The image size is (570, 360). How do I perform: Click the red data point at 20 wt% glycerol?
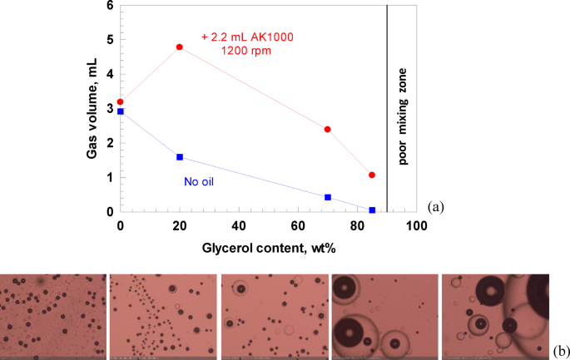(180, 47)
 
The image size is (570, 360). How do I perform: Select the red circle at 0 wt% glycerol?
(121, 102)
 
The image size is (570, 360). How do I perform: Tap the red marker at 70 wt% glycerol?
(328, 129)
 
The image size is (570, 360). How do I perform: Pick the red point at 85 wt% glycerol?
(372, 175)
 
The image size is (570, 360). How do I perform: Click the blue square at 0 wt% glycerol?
(121, 111)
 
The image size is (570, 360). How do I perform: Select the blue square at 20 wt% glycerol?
(180, 157)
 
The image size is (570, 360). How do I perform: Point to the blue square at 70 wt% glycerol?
(328, 197)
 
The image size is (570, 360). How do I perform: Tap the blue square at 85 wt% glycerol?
(372, 210)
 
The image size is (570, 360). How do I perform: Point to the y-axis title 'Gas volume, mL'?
(86, 106)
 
